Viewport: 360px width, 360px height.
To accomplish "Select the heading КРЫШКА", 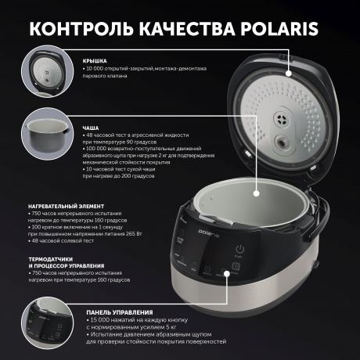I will (x=96, y=59).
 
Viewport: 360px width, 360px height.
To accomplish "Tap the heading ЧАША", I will (x=91, y=126).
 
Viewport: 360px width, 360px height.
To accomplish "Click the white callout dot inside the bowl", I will (x=259, y=189).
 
